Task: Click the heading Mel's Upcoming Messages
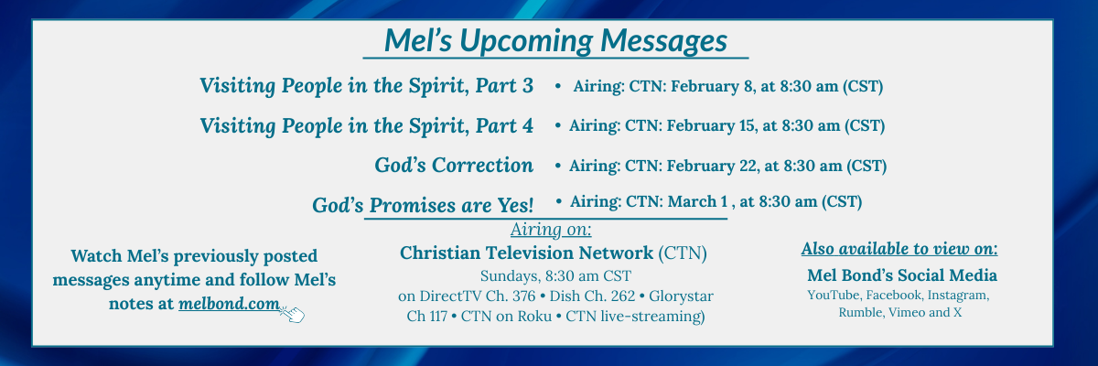[555, 40]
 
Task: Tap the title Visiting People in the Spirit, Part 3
[366, 86]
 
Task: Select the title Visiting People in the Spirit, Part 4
[366, 126]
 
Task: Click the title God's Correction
[454, 166]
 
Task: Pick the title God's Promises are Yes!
[423, 205]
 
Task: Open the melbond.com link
[229, 304]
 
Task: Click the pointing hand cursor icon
[293, 314]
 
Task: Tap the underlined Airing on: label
[551, 230]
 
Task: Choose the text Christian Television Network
[526, 253]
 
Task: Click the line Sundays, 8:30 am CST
[555, 275]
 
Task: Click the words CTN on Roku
[506, 316]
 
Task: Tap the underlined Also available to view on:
[899, 249]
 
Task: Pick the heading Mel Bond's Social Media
[902, 275]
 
